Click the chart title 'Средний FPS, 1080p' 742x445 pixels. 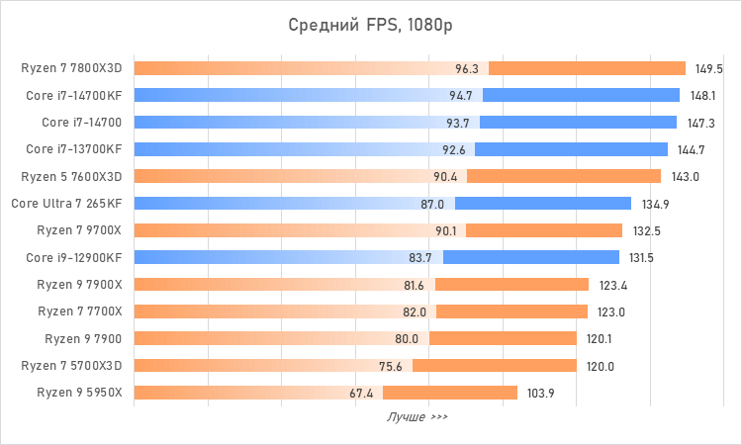pos(371,25)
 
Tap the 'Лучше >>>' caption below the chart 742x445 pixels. pos(417,417)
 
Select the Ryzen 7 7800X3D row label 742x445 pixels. pos(72,69)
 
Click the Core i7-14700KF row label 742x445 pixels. pos(74,96)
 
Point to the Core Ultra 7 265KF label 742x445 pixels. pos(67,204)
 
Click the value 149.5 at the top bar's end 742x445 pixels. pos(708,69)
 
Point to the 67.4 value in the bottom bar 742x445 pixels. pos(362,393)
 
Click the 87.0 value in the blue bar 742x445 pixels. pos(432,204)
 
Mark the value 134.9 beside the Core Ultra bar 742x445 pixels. pos(655,204)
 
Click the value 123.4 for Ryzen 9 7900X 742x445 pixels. pos(612,285)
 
